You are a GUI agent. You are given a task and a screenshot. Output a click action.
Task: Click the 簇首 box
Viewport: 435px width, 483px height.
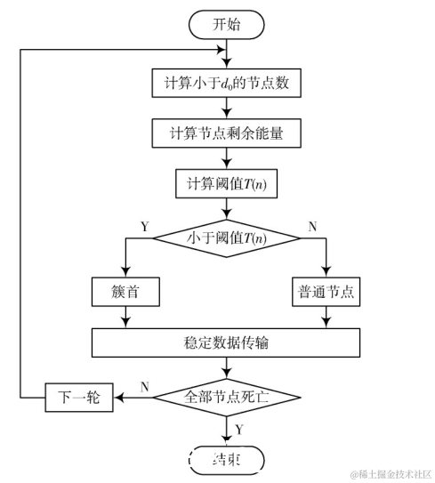[x=124, y=291]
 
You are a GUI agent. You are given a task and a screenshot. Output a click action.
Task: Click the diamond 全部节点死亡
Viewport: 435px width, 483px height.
[x=230, y=398]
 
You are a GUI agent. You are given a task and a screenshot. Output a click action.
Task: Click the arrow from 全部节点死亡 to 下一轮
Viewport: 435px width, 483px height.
[x=133, y=398]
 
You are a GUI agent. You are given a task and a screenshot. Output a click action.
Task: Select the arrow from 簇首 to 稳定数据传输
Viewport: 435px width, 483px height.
[x=124, y=316]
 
